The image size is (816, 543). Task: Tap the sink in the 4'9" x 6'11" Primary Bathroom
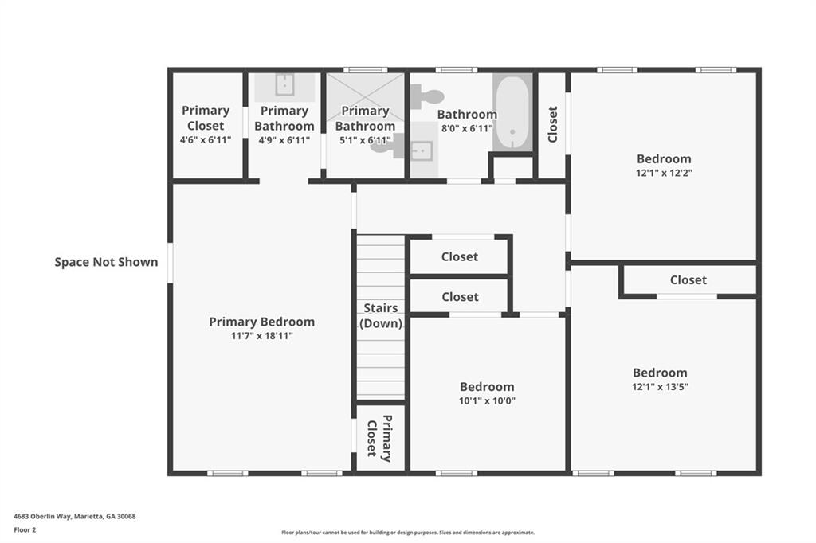pyautogui.click(x=284, y=84)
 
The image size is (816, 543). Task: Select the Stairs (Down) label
pyautogui.click(x=381, y=315)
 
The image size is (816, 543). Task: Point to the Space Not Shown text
pyautogui.click(x=106, y=261)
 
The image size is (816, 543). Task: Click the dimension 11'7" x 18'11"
pyautogui.click(x=261, y=336)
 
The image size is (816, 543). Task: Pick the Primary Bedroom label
pyautogui.click(x=261, y=322)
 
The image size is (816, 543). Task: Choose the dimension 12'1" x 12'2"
pyautogui.click(x=664, y=172)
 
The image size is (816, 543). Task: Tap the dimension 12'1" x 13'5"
pyautogui.click(x=660, y=387)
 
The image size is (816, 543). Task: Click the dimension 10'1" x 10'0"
pyautogui.click(x=487, y=400)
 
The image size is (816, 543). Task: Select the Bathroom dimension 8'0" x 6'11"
pyautogui.click(x=466, y=128)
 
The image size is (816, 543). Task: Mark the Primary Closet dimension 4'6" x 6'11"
pyautogui.click(x=206, y=140)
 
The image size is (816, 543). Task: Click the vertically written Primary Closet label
pyautogui.click(x=379, y=438)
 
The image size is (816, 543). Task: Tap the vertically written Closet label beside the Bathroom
pyautogui.click(x=552, y=124)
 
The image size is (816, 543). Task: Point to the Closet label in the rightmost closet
pyautogui.click(x=688, y=279)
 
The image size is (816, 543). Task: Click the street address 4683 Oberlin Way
pyautogui.click(x=74, y=516)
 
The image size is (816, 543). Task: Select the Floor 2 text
pyautogui.click(x=25, y=529)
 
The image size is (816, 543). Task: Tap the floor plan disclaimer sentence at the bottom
pyautogui.click(x=407, y=533)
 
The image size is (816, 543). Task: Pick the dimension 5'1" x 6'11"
pyautogui.click(x=365, y=140)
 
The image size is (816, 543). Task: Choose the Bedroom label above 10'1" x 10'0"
pyautogui.click(x=487, y=386)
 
